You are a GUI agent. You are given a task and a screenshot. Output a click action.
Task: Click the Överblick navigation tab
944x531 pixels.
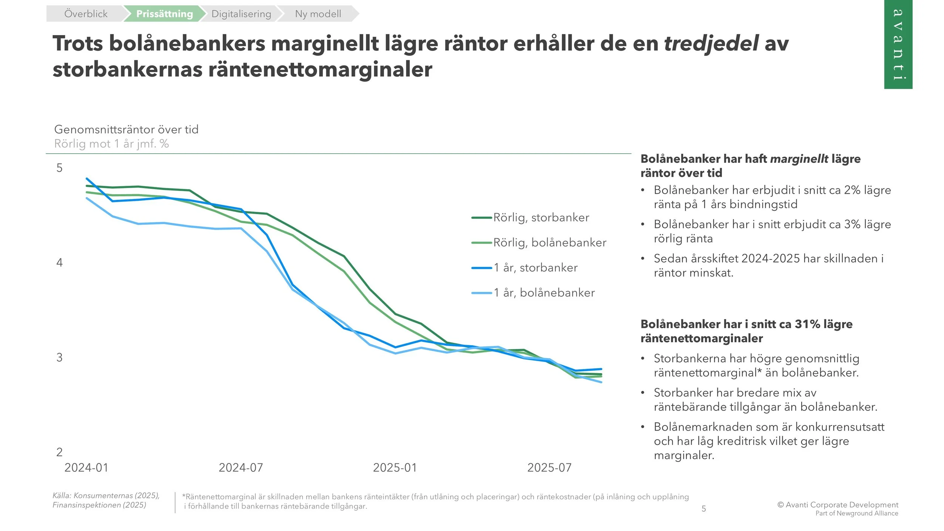[86, 14]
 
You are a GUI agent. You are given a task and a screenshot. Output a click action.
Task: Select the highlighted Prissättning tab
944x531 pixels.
[164, 14]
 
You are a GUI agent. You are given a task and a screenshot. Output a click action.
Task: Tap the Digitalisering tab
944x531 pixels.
[241, 14]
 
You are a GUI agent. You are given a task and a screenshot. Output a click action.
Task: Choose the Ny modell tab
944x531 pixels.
[318, 14]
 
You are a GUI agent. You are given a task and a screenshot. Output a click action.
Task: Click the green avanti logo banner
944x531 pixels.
[898, 44]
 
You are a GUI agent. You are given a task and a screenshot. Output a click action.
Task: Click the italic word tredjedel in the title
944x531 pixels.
[711, 43]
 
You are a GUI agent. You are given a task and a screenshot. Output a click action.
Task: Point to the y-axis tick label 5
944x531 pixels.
[59, 168]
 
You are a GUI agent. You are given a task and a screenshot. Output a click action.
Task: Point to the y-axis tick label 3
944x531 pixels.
[59, 357]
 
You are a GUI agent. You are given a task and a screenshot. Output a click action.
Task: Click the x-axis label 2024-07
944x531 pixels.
[241, 468]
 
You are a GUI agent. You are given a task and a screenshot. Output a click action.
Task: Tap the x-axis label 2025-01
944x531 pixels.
[395, 468]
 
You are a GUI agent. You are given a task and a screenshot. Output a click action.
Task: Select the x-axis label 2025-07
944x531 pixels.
[549, 468]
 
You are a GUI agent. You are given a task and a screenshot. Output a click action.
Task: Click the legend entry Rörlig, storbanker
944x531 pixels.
[541, 218]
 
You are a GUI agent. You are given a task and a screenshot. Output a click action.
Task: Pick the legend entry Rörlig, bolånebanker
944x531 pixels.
[549, 242]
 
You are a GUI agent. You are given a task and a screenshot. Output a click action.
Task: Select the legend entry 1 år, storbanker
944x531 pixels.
[535, 268]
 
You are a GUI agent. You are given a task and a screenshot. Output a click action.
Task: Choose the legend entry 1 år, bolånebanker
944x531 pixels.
[544, 293]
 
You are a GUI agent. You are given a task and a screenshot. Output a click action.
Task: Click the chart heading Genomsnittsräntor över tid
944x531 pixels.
[126, 130]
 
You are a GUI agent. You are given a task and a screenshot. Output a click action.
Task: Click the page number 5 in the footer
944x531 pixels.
[704, 509]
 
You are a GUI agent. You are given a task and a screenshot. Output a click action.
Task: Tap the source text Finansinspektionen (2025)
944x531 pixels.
[99, 505]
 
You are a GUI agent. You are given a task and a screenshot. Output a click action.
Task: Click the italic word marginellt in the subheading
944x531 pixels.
[799, 159]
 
